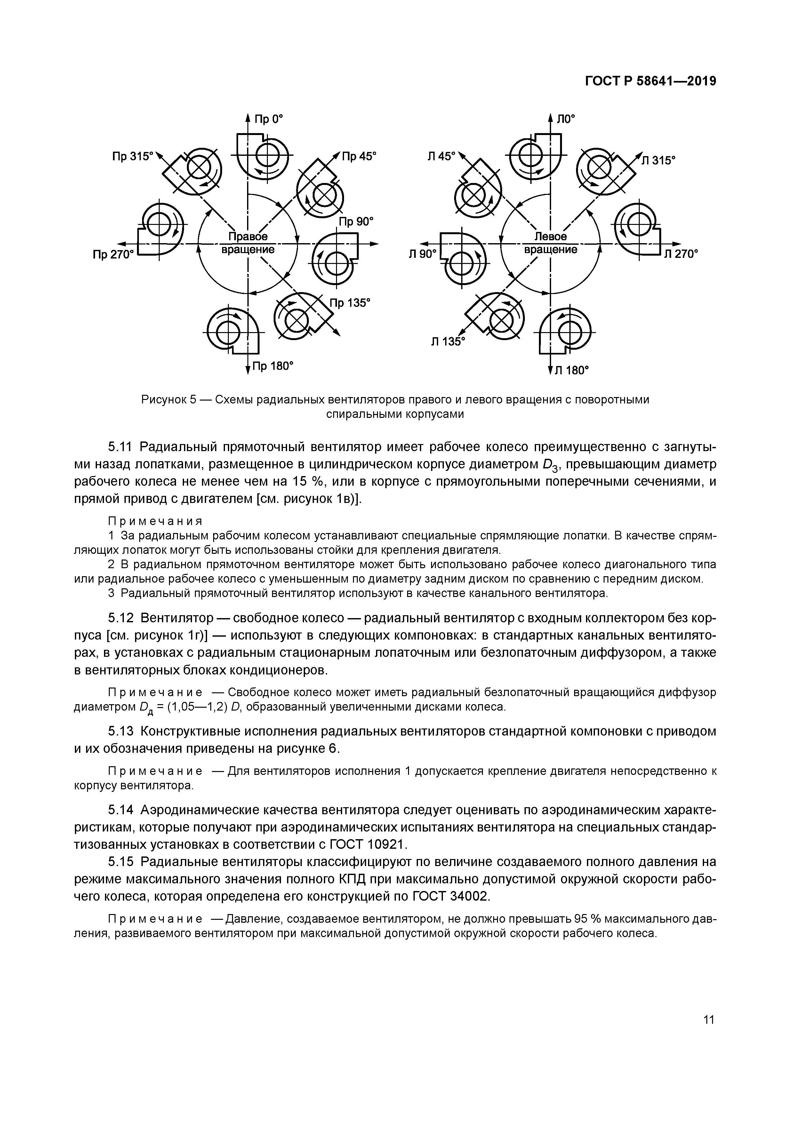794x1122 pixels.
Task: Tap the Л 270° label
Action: [x=681, y=254]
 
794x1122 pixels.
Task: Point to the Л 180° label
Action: [x=571, y=370]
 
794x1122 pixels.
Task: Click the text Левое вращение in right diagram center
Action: [x=550, y=243]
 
